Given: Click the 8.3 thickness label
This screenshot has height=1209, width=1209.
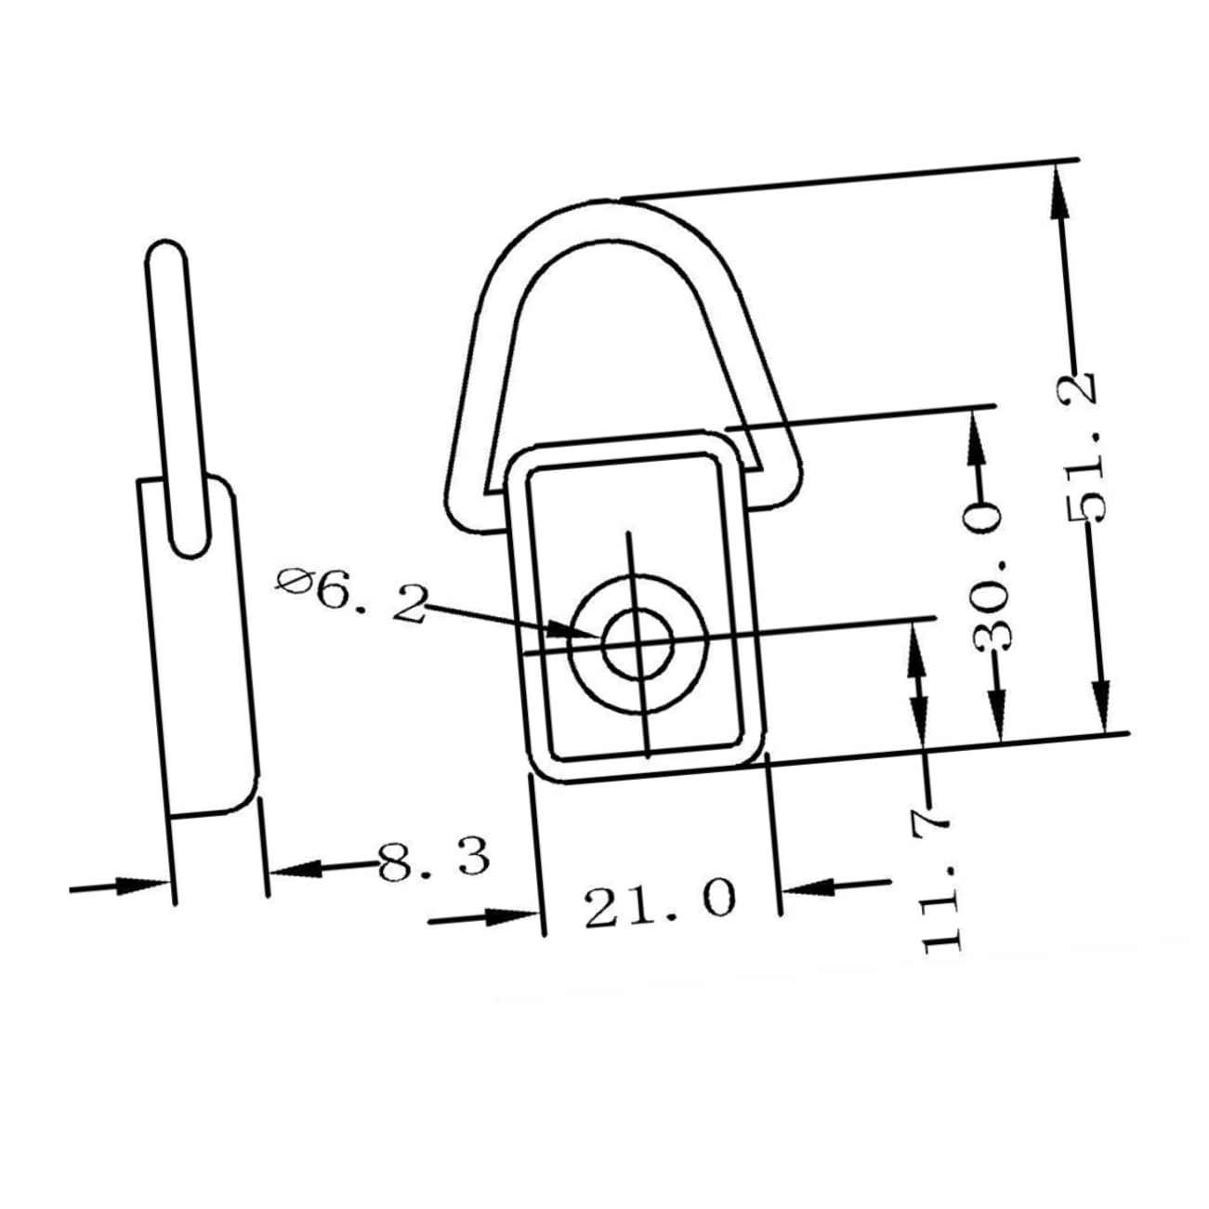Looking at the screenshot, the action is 434,858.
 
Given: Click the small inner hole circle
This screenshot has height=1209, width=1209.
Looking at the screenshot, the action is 637,643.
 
